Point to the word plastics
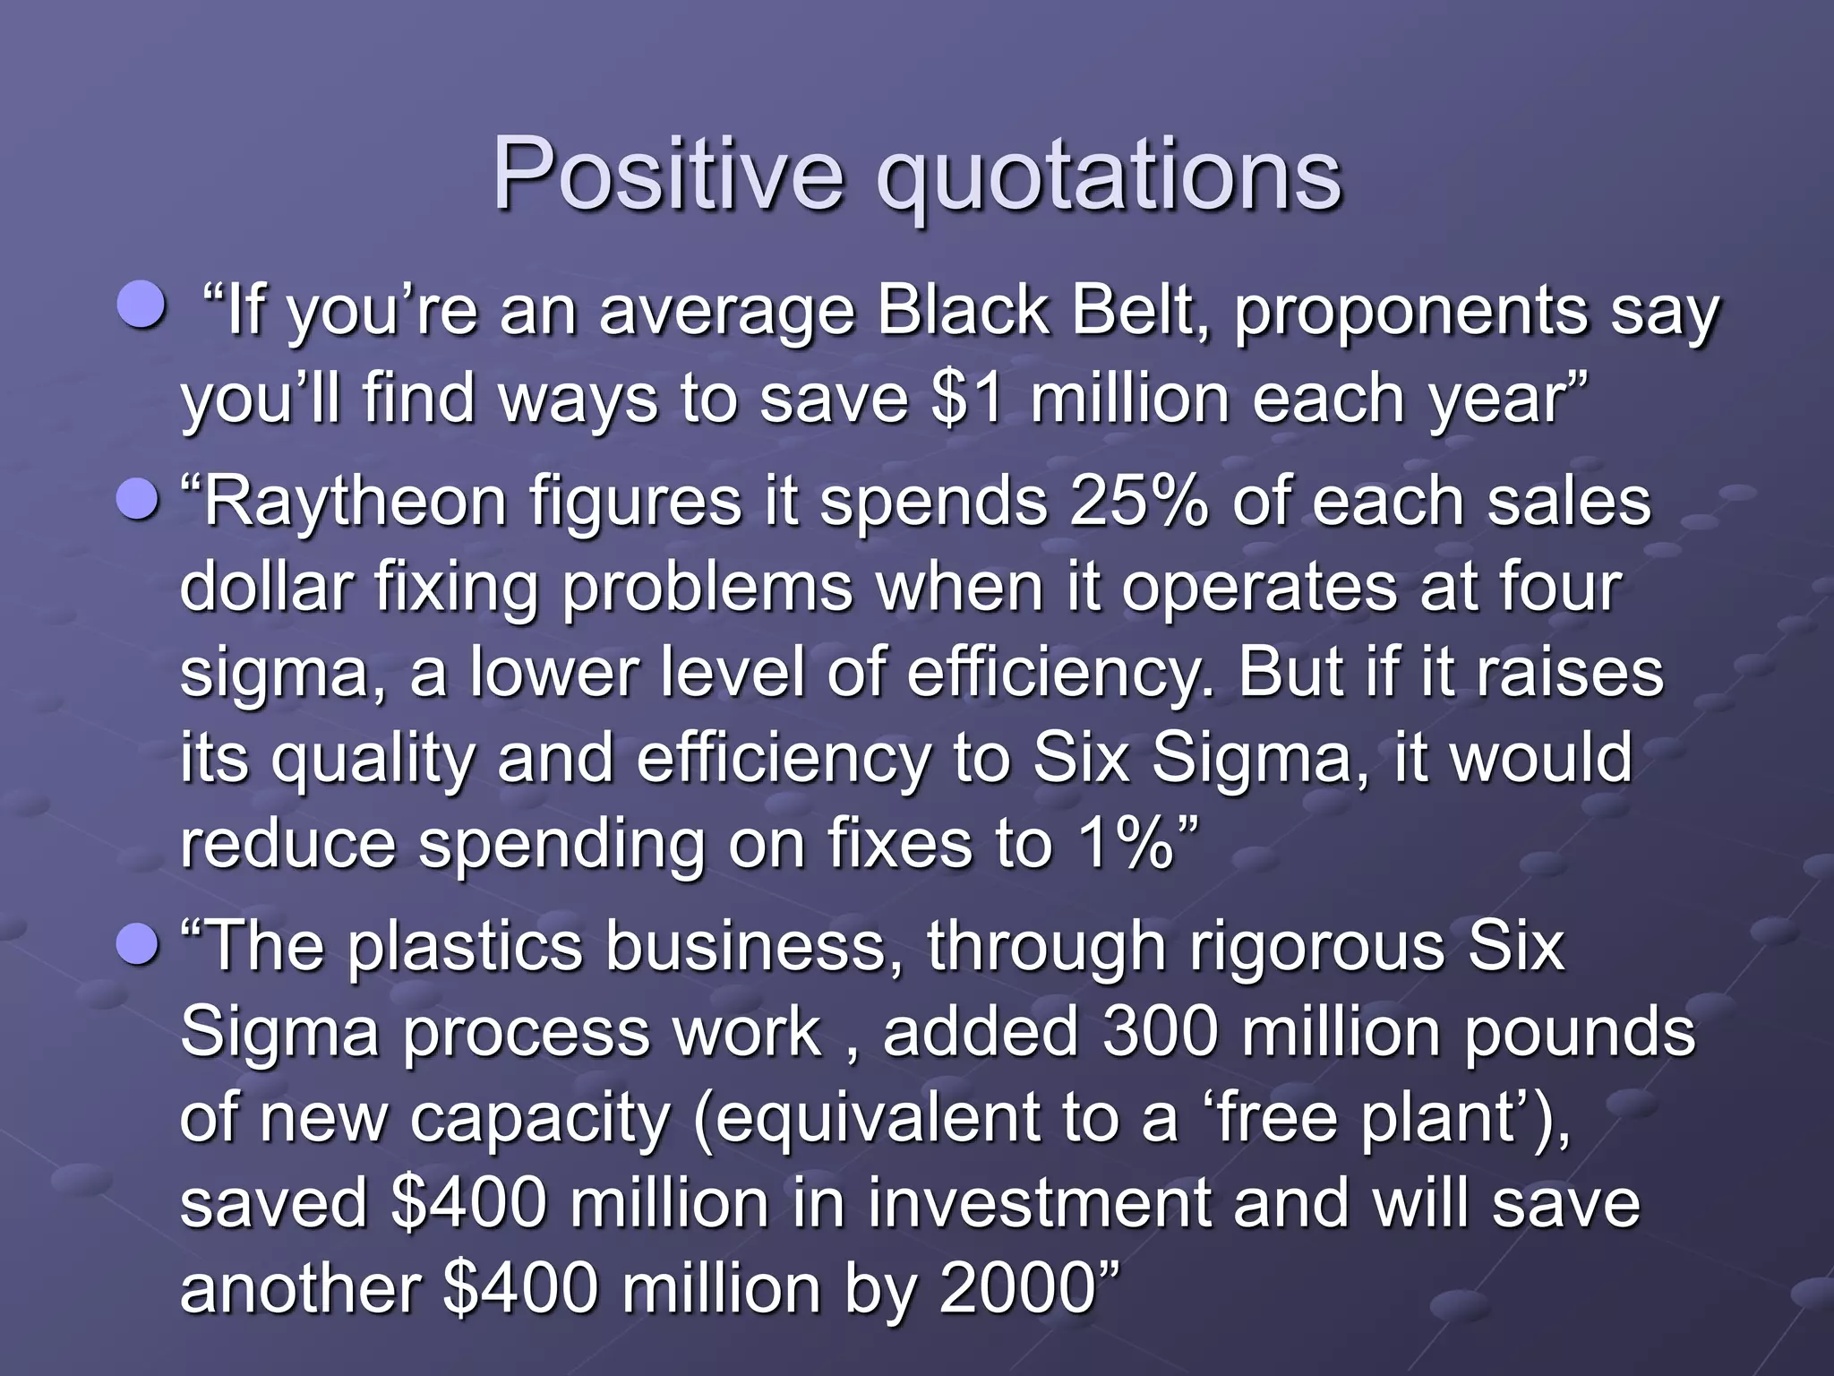coord(465,948)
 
